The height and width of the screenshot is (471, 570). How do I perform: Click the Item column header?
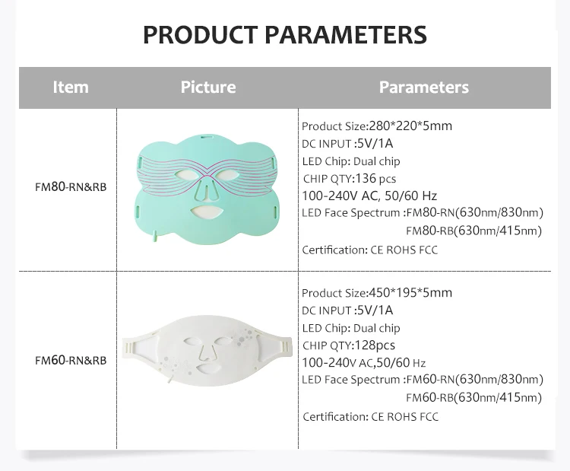71,88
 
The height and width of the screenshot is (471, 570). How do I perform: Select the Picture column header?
208,88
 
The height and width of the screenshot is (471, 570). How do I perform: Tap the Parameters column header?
424,88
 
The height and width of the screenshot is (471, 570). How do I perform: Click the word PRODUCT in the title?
201,35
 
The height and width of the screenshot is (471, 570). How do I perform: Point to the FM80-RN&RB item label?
71,187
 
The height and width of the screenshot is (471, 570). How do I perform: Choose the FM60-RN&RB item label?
71,361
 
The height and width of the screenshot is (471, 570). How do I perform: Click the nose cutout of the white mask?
207,352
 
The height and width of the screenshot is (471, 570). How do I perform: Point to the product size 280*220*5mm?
410,126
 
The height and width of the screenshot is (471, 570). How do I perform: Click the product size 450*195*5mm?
410,293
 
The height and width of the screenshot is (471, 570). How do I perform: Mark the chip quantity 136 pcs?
375,178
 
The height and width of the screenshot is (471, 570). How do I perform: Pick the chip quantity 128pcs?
375,345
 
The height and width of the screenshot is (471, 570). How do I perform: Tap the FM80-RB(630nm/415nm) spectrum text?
473,231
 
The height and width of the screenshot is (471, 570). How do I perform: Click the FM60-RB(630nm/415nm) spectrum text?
473,397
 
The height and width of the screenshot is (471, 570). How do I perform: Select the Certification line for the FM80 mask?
370,250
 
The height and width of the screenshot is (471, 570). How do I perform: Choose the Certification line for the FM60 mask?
370,417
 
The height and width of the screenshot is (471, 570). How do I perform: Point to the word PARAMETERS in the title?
346,35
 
